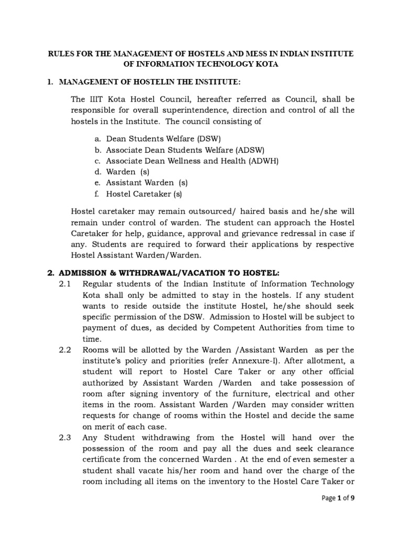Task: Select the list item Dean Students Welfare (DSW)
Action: pos(164,139)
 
